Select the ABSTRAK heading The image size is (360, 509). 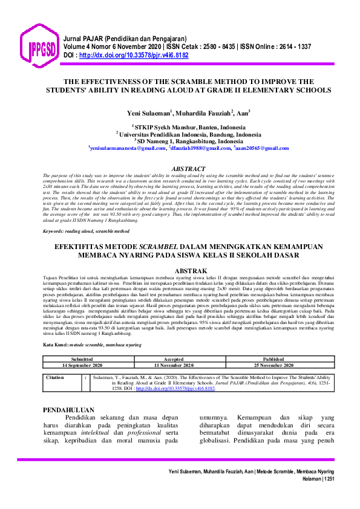click(189, 271)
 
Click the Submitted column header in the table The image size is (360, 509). click(82, 359)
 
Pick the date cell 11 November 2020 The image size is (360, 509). click(174, 365)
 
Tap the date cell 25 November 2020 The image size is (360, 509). click(269, 365)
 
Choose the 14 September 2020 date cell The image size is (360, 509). click(82, 365)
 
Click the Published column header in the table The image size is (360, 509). click(269, 359)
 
